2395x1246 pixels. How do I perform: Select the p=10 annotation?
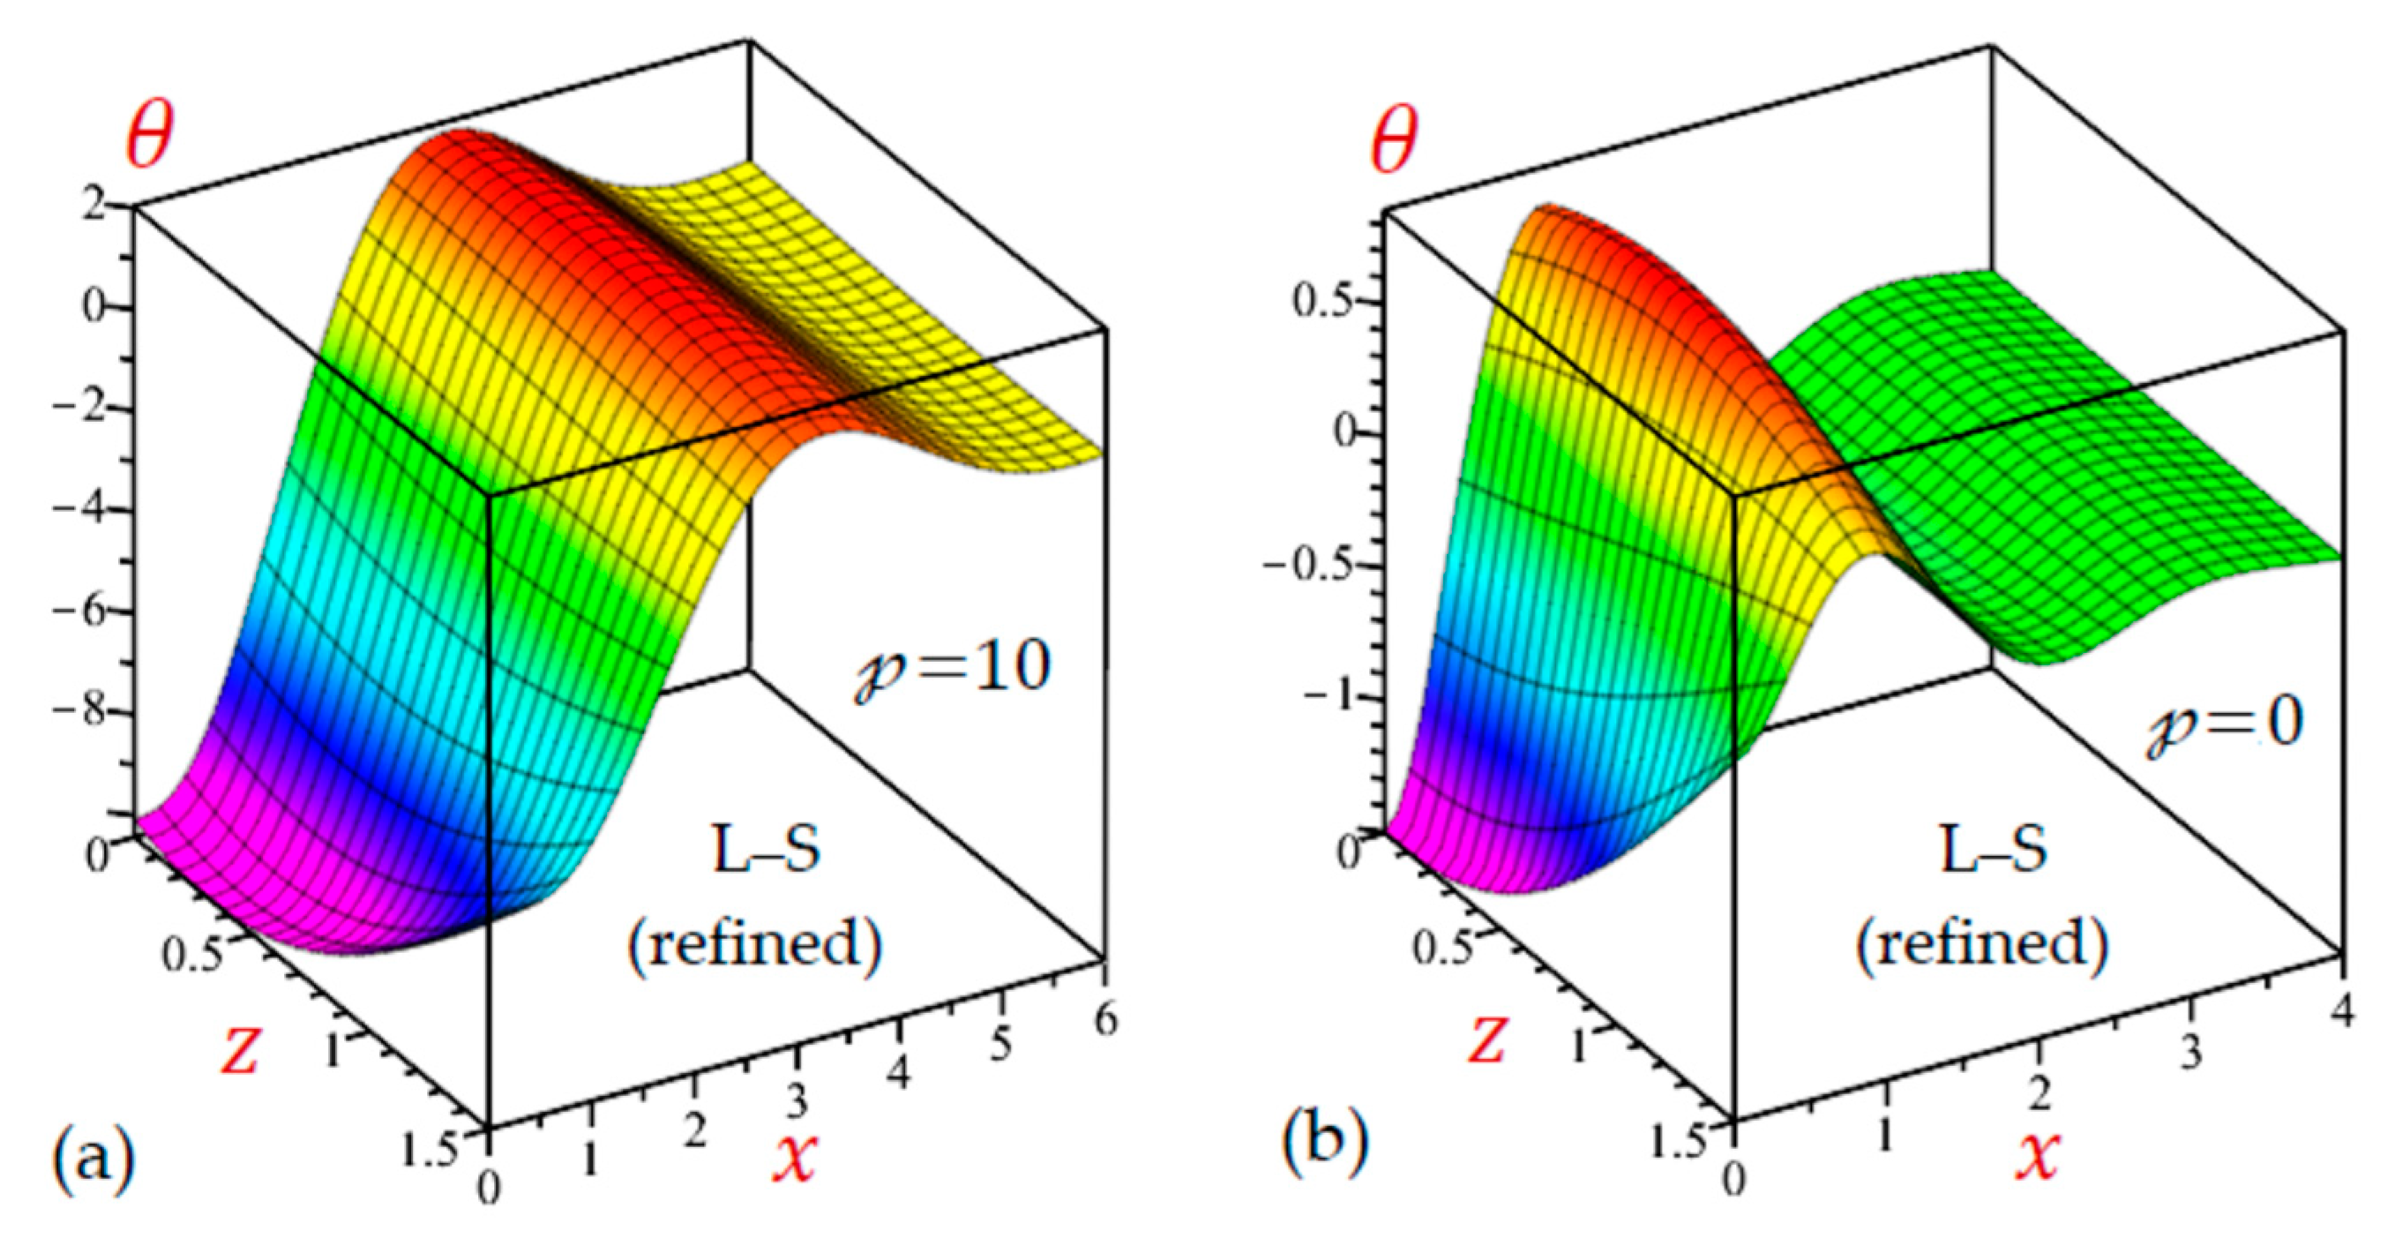point(954,668)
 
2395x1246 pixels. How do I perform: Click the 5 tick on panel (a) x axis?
point(1000,1045)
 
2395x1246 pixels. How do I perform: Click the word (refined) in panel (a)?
point(755,945)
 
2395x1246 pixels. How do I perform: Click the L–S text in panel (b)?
point(1994,850)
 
